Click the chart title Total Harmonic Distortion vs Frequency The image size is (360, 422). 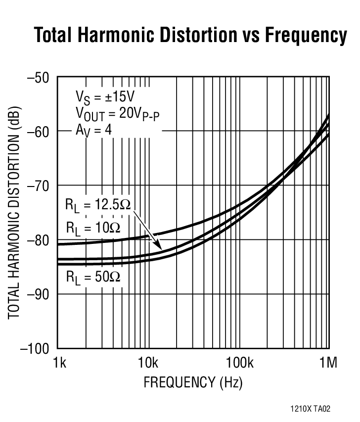(190, 36)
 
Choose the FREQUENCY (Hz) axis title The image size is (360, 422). (193, 382)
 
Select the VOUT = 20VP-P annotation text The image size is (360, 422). (118, 114)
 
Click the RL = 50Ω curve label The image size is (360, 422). (93, 277)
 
